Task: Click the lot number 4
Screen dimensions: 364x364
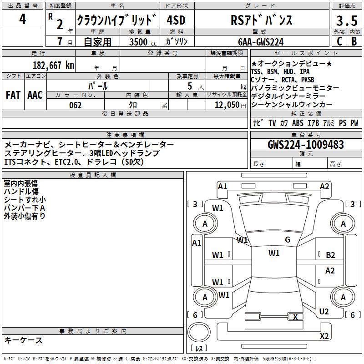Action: [x=23, y=20]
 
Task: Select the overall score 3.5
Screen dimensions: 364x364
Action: [x=346, y=21]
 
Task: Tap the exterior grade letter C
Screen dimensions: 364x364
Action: [x=339, y=41]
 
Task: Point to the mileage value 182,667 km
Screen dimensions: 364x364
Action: [x=53, y=65]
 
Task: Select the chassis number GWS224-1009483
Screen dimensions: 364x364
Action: [x=305, y=145]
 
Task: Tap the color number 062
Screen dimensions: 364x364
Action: [x=75, y=105]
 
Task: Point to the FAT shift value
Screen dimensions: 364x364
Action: [x=13, y=95]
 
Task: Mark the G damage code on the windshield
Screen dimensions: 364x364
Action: [x=288, y=240]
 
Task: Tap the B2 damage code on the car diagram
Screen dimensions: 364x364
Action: [x=330, y=255]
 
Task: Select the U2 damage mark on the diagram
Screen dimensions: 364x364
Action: [x=324, y=311]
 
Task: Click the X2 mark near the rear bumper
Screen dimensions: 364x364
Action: [x=324, y=336]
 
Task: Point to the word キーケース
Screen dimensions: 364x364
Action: [x=23, y=340]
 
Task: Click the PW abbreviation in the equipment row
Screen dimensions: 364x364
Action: [x=354, y=123]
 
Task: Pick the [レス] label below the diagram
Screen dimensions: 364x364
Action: [x=198, y=349]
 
